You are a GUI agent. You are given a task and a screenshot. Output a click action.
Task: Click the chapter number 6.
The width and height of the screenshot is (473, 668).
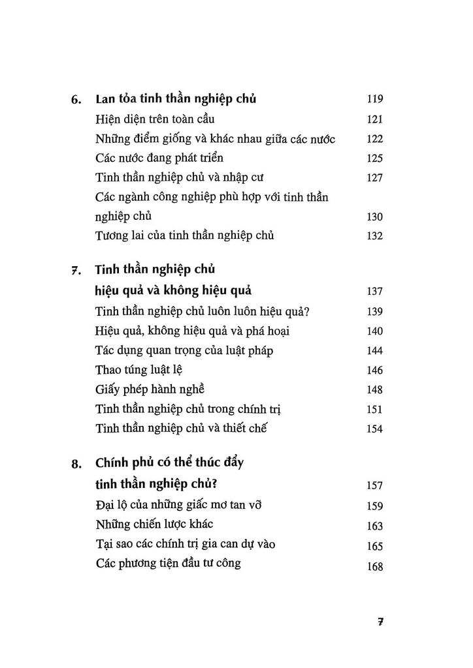point(75,101)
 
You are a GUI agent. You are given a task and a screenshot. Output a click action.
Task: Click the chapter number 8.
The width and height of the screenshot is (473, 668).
point(75,465)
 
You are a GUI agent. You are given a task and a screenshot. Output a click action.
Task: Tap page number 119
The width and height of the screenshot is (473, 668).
point(374,100)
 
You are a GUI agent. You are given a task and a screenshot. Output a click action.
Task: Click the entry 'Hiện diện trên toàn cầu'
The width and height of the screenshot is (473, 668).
point(155,119)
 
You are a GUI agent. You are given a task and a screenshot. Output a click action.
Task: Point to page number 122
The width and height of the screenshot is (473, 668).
point(374,139)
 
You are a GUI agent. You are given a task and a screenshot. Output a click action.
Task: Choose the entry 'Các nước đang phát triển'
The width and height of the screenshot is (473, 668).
point(160,158)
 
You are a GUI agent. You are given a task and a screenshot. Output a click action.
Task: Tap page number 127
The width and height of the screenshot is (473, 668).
point(374,178)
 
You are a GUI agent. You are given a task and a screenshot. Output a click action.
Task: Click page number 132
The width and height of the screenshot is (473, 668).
point(374,236)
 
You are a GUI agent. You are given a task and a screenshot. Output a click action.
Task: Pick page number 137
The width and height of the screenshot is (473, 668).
point(374,292)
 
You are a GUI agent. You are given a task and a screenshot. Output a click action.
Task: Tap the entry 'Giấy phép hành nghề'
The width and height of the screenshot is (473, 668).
point(150,389)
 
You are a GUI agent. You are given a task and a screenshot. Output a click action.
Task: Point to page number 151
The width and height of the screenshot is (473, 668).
point(374,410)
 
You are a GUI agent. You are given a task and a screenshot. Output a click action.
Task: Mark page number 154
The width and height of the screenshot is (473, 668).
point(374,429)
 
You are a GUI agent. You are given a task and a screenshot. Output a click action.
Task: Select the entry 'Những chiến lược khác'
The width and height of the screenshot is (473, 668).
point(154,524)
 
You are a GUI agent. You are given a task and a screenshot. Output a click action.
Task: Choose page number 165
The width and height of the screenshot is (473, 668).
point(374,545)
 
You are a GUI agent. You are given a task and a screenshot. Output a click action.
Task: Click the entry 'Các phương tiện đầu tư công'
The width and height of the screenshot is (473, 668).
point(167,564)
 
